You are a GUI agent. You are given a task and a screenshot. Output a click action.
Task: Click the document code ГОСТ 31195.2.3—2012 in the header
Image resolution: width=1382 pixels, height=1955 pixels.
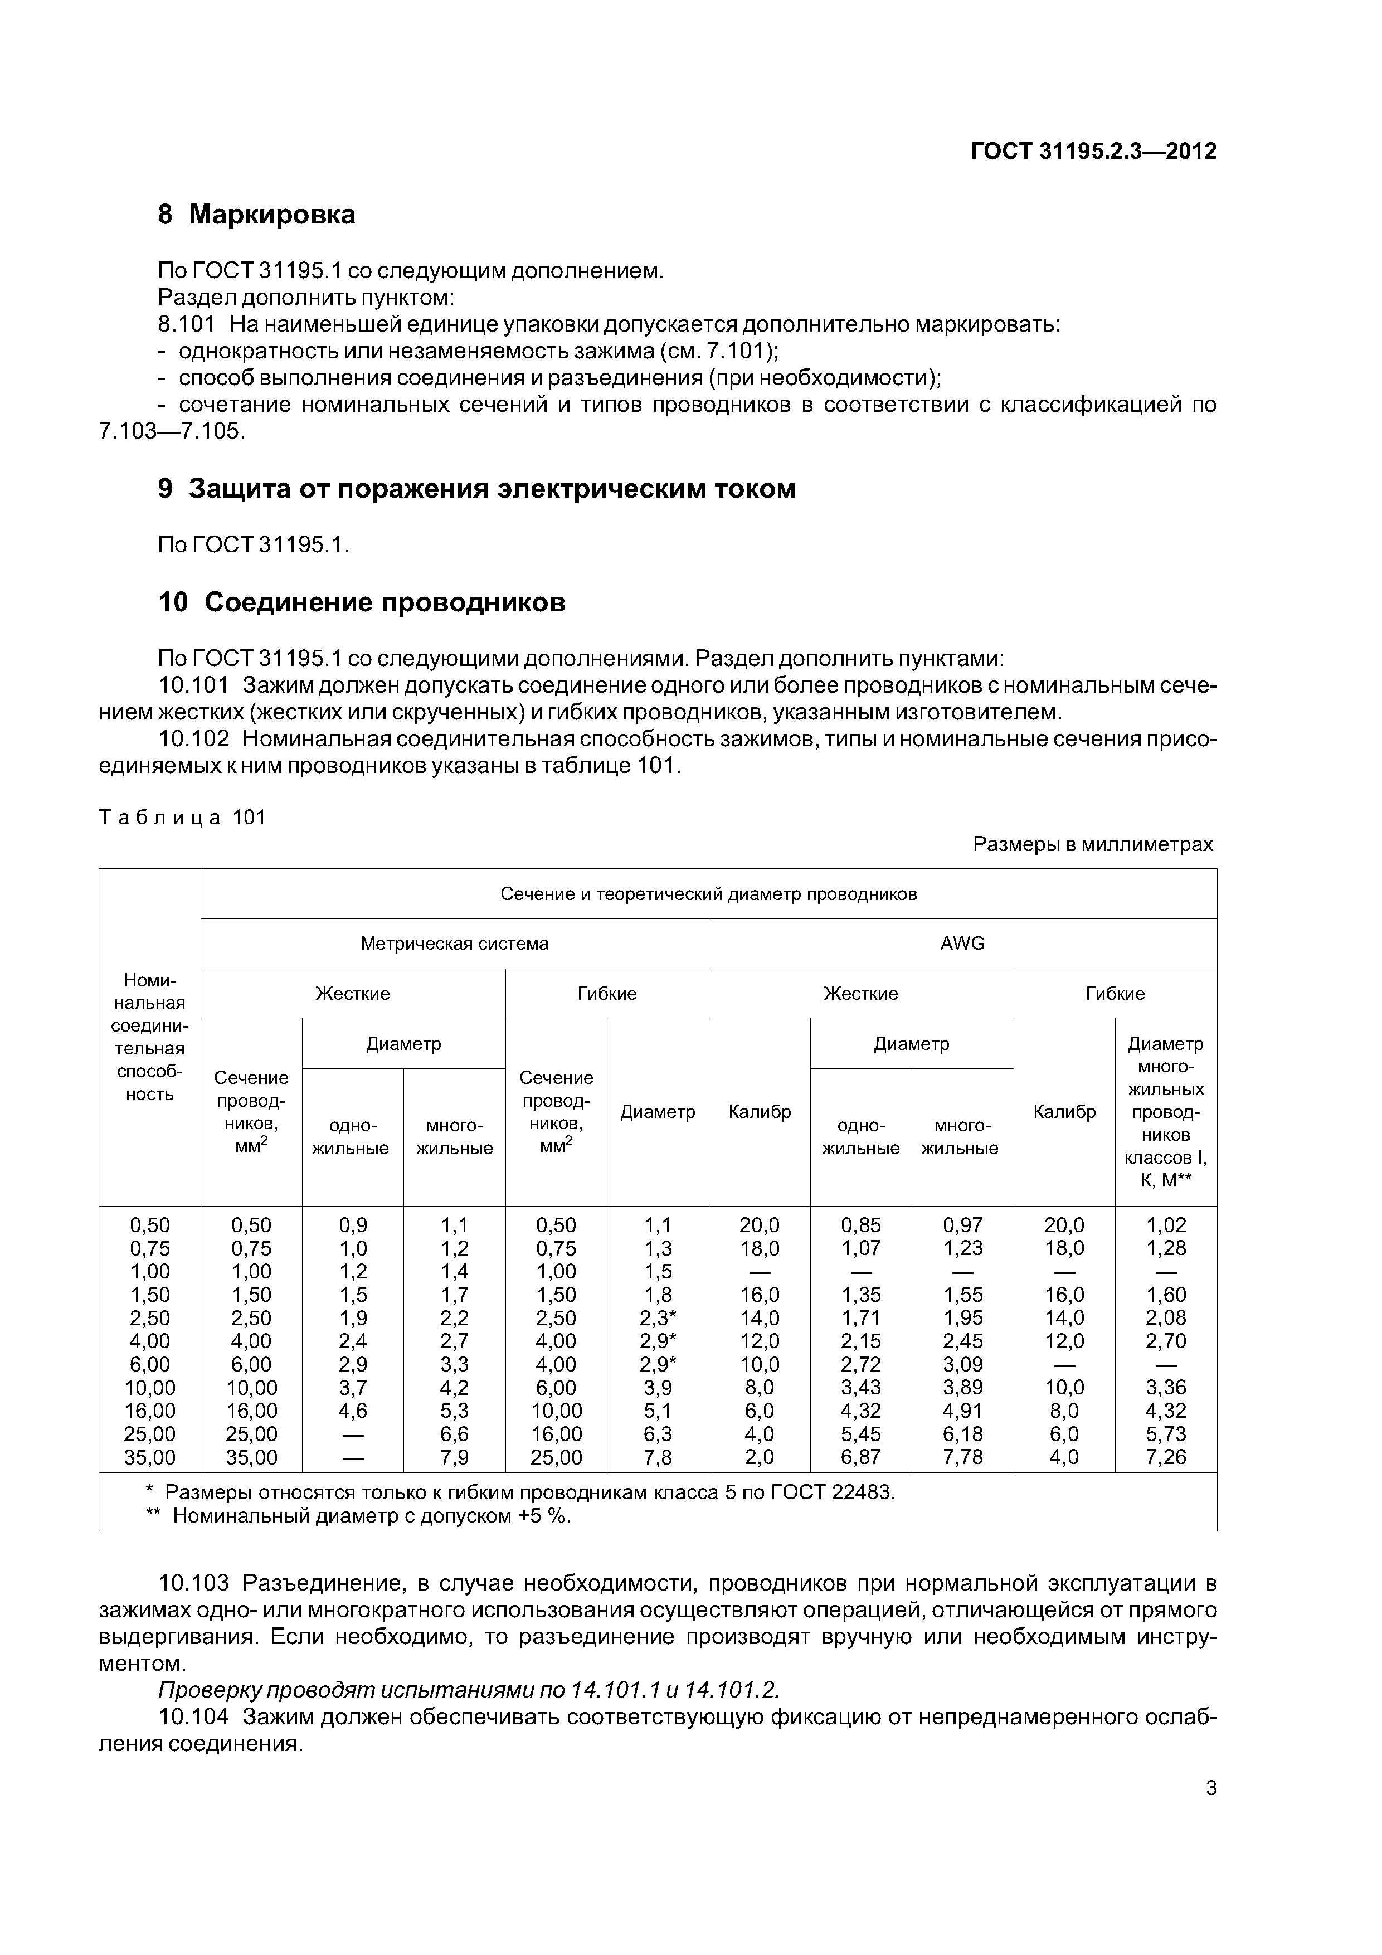(x=1093, y=152)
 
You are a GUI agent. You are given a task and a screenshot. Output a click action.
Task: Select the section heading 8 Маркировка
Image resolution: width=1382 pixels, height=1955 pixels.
(x=256, y=215)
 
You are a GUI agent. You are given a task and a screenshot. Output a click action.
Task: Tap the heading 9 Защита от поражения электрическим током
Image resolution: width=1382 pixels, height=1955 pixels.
(x=477, y=489)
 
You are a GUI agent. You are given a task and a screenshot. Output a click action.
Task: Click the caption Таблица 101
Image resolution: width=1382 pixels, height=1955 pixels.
(x=183, y=818)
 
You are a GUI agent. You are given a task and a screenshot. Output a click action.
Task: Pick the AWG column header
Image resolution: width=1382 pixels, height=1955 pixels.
(x=962, y=944)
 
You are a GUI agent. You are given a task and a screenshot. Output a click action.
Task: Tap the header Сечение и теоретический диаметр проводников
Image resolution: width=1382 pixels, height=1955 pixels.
(x=708, y=894)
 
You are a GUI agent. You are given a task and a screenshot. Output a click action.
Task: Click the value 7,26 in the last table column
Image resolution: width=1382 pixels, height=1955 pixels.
(x=1166, y=1457)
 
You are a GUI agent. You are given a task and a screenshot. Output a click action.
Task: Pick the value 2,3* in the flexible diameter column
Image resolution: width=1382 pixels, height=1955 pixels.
(x=658, y=1318)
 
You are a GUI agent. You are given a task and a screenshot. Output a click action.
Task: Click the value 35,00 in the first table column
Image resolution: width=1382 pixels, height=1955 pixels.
(x=150, y=1457)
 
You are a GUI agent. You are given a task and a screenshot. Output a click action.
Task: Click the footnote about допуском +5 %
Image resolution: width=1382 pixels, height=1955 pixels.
(x=371, y=1516)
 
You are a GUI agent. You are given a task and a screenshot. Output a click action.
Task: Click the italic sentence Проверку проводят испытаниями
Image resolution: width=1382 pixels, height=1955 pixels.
(x=469, y=1689)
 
